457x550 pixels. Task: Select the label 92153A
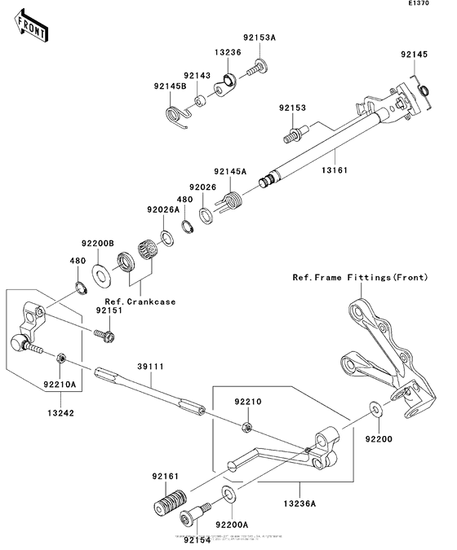coord(259,37)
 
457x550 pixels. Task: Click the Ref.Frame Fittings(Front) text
coord(360,278)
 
